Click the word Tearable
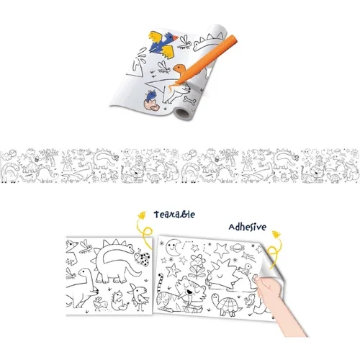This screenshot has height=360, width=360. pos(174,215)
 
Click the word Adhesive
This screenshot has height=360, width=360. pos(248,227)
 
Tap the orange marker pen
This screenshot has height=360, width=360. pos(206,60)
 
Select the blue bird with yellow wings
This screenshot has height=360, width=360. pos(163,45)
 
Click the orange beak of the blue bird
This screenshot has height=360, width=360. pos(176,38)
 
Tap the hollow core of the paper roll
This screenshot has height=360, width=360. pos(182,112)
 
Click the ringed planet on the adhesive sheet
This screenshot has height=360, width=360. pos(237,247)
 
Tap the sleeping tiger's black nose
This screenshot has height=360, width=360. pos(189,292)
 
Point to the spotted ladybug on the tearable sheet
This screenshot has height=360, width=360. pos(143,258)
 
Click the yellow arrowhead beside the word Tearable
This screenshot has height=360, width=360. pos(142,215)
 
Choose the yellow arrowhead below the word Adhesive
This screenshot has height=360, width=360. pos(276,234)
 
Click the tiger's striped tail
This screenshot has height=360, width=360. pos(160,283)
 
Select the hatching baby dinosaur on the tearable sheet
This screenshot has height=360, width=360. pos(119,300)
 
